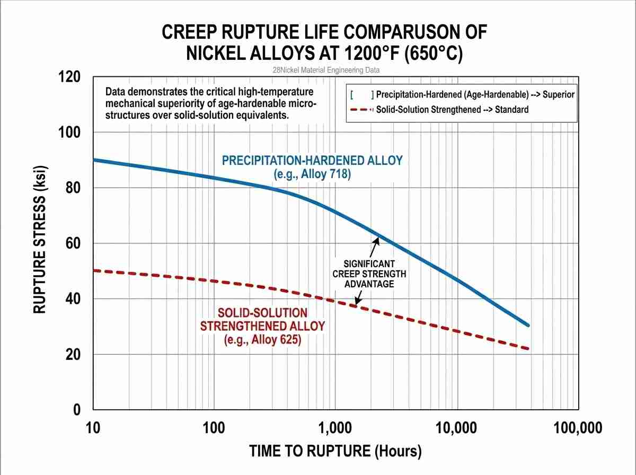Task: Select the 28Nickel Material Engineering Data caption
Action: [325, 70]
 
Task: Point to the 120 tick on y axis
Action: [69, 77]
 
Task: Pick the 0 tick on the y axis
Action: [77, 410]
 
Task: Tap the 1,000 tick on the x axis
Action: [335, 427]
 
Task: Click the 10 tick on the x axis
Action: [93, 427]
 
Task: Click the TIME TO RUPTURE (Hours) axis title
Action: [335, 451]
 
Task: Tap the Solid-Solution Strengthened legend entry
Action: [452, 110]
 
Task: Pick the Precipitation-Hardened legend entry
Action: [475, 95]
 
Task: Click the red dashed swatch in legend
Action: [360, 110]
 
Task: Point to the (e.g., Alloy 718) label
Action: [312, 173]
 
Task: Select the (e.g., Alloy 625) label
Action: [262, 339]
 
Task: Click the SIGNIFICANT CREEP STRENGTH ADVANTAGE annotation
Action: [369, 274]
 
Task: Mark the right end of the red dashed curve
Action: [528, 348]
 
